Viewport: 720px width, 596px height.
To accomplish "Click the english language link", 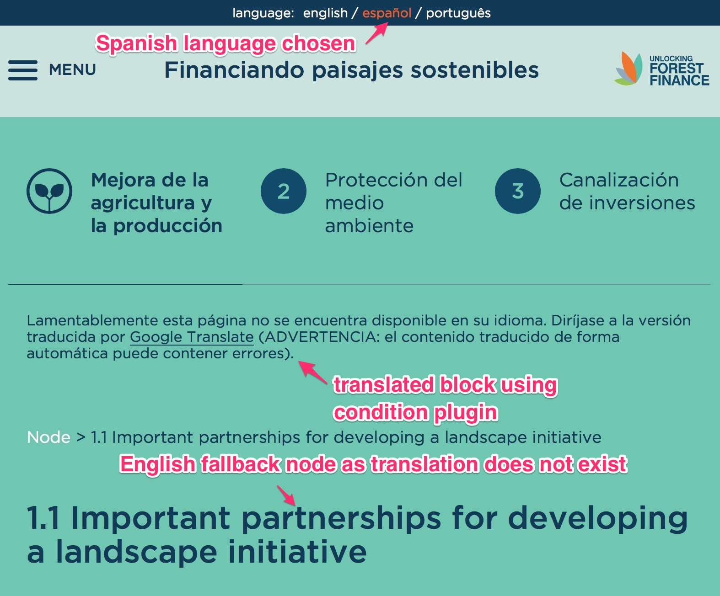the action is [325, 13].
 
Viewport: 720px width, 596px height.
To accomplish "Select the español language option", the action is [387, 13].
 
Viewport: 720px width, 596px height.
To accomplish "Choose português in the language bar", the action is [458, 13].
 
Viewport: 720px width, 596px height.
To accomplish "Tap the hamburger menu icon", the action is [23, 70].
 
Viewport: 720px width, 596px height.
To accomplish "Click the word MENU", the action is [72, 70].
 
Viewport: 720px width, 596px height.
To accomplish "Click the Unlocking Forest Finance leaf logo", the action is [628, 68].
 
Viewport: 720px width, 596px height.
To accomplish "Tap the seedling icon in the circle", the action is [49, 191].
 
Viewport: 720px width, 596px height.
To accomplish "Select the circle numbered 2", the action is [284, 191].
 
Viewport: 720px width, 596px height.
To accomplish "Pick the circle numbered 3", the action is [518, 191].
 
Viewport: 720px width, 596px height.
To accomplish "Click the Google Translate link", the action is [192, 337].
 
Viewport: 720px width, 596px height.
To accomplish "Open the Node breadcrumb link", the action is [48, 437].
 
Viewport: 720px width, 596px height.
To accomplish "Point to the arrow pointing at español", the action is [377, 33].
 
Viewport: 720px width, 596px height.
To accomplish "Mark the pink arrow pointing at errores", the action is [313, 372].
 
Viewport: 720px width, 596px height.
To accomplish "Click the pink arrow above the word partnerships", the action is [286, 495].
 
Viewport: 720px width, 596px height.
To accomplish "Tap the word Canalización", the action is [619, 180].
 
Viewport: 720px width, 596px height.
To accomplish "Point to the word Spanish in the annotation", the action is [136, 44].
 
